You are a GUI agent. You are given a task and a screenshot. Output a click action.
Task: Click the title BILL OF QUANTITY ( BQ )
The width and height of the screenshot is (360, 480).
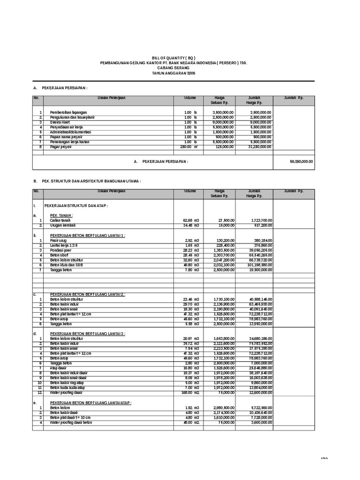(x=173, y=58)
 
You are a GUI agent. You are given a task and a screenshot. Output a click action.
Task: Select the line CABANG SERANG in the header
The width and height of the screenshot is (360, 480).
(x=173, y=68)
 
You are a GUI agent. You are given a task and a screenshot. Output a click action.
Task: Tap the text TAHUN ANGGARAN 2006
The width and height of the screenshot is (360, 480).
(x=173, y=73)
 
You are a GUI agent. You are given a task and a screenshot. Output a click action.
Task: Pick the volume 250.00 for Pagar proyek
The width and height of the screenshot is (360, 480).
(x=186, y=147)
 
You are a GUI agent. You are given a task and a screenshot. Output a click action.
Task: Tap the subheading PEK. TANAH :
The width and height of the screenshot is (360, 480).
(x=61, y=215)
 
